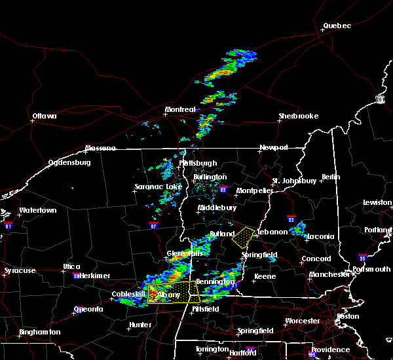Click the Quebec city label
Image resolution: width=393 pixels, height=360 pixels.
pyautogui.click(x=337, y=26)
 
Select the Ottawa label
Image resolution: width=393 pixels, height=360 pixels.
pyautogui.click(x=45, y=117)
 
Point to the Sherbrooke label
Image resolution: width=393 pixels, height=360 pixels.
pyautogui.click(x=298, y=116)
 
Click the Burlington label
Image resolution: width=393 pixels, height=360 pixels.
pyautogui.click(x=210, y=177)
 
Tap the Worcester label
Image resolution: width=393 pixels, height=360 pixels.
pyautogui.click(x=303, y=321)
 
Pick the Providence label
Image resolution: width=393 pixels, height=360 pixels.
pyautogui.click(x=330, y=349)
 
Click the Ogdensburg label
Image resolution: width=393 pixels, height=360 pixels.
pyautogui.click(x=68, y=163)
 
